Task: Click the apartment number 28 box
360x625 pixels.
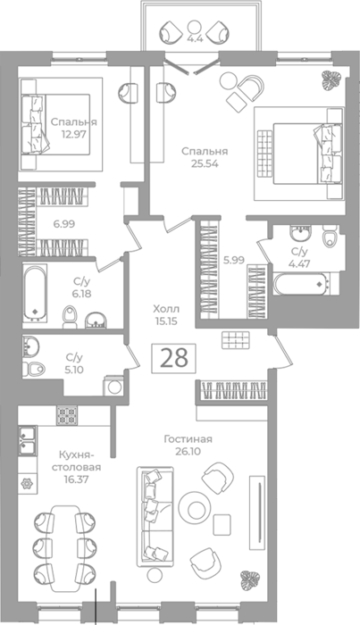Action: tap(173, 358)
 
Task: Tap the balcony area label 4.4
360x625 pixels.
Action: tap(194, 39)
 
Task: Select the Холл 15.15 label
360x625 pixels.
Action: tap(166, 314)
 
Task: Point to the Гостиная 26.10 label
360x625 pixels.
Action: tap(188, 445)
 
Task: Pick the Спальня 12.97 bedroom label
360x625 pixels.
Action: tap(74, 128)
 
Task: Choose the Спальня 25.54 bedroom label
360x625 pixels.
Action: tap(205, 157)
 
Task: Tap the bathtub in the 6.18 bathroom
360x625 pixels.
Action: tap(34, 294)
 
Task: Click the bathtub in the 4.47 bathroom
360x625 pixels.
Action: tap(303, 284)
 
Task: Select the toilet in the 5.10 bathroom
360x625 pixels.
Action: tap(34, 369)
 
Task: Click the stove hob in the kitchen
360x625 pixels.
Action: tap(67, 415)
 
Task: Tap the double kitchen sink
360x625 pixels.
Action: tap(28, 440)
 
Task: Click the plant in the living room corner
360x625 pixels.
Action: tap(250, 580)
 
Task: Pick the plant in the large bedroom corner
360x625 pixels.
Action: tap(331, 81)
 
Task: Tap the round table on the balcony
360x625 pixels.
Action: tap(194, 27)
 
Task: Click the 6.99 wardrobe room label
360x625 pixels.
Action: tap(64, 224)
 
